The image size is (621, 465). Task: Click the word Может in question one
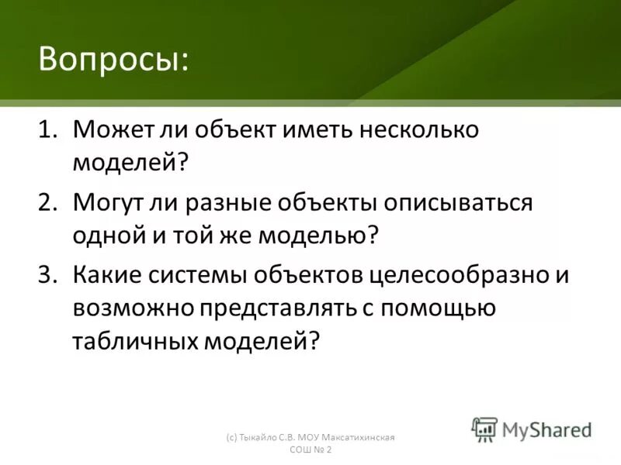(108, 129)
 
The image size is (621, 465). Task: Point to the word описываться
(460, 203)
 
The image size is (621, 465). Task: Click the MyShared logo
(532, 429)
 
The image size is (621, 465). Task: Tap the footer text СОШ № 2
(311, 451)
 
